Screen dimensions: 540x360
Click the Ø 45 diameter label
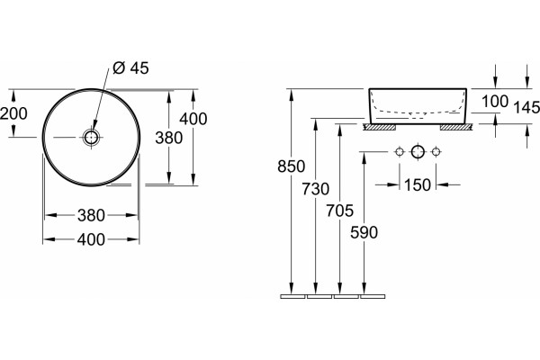click(x=130, y=67)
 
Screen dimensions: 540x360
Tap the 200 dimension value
click(x=13, y=113)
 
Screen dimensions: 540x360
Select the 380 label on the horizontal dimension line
click(x=91, y=216)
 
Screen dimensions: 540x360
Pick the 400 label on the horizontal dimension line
click(x=91, y=239)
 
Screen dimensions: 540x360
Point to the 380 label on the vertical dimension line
click(x=169, y=138)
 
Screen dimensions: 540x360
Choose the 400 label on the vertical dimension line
click(x=193, y=119)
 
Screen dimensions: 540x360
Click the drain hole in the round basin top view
click(x=91, y=138)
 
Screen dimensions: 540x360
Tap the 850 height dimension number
click(x=292, y=166)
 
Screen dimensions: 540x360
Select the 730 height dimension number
click(x=316, y=189)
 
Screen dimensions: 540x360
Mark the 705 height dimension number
click(x=340, y=211)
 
